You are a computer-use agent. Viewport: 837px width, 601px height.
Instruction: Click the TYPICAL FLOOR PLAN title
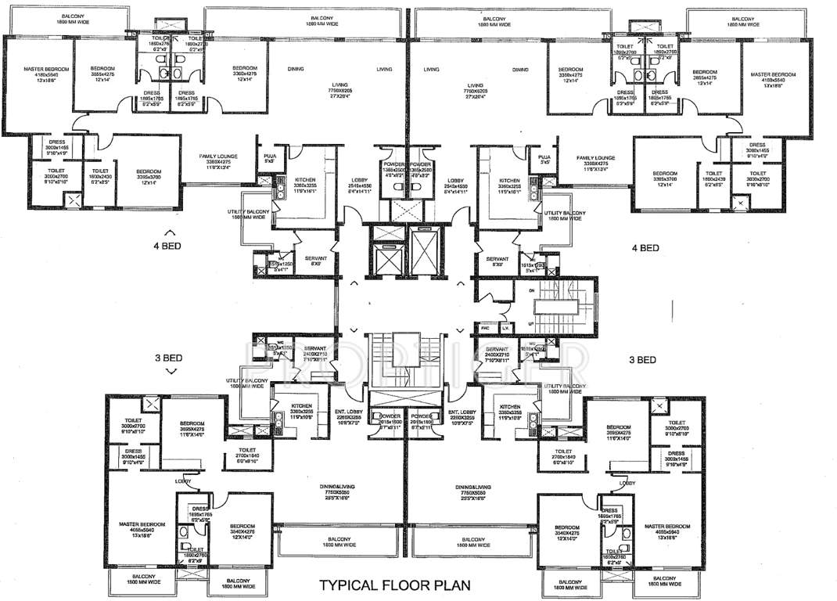coord(394,584)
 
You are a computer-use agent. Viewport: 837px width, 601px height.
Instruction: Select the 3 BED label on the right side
coord(642,360)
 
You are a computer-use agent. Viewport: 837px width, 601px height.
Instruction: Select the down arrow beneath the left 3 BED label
coord(167,373)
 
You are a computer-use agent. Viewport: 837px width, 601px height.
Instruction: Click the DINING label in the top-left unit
coord(295,70)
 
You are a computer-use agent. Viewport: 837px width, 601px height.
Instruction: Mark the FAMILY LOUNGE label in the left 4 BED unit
coord(218,157)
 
